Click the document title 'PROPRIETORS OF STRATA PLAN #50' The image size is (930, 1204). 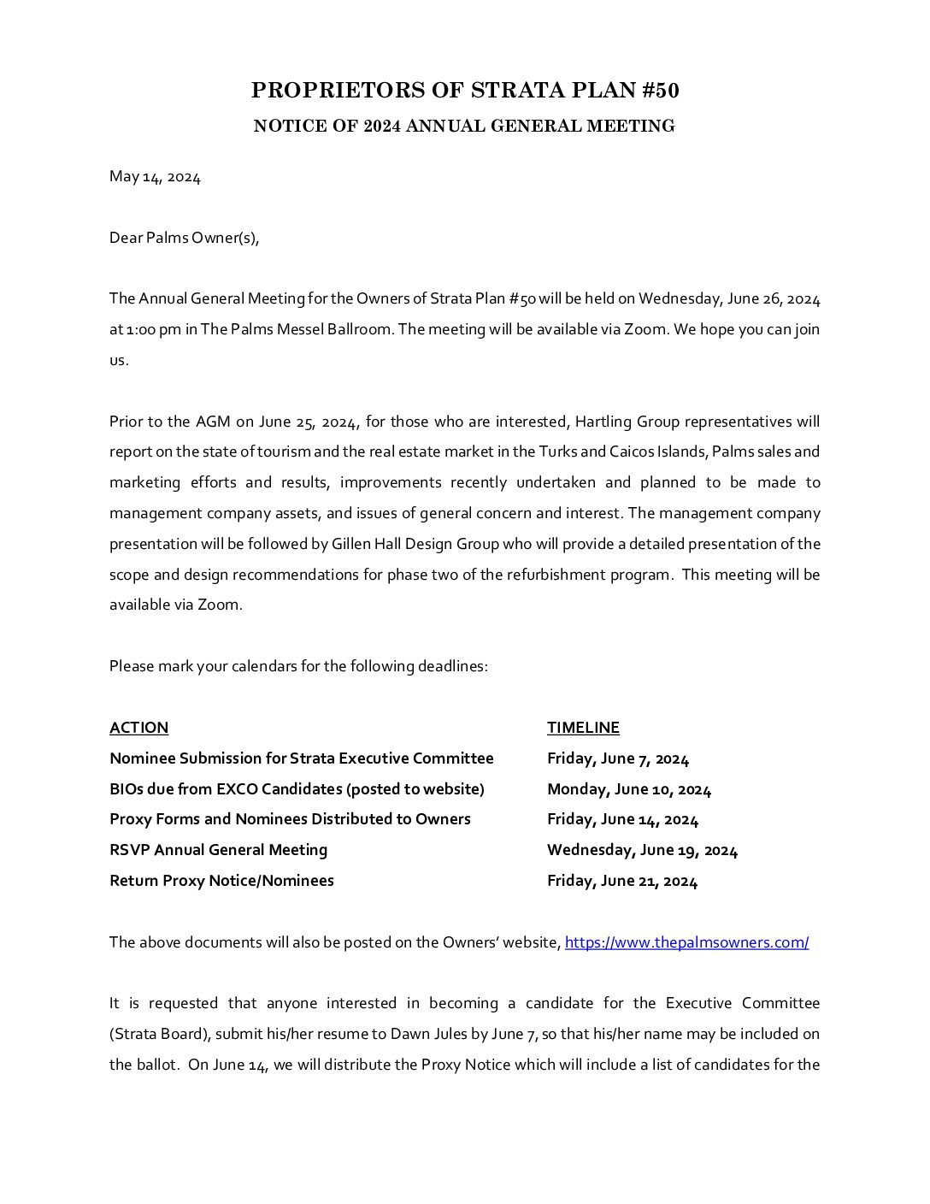(465, 91)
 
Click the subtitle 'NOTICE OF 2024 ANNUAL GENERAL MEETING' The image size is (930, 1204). (464, 127)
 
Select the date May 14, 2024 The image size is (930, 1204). (155, 177)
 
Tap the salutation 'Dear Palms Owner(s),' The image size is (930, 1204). (184, 238)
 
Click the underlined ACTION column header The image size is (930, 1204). (138, 728)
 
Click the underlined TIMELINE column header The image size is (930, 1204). (583, 728)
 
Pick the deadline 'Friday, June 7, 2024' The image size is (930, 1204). (618, 758)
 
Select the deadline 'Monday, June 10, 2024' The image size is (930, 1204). (629, 789)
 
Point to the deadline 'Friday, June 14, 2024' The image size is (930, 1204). (622, 819)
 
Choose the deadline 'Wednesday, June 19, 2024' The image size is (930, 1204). (642, 850)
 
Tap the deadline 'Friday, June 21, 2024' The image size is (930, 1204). (622, 881)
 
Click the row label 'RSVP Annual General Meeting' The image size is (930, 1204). (218, 850)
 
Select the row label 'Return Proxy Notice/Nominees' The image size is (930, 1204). (221, 881)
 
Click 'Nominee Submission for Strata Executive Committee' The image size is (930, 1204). (301, 758)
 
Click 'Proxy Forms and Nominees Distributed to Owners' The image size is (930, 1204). (290, 819)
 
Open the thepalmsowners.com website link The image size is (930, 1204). (686, 942)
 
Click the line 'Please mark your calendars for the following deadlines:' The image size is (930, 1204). (298, 666)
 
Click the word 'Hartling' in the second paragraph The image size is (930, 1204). (601, 422)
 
